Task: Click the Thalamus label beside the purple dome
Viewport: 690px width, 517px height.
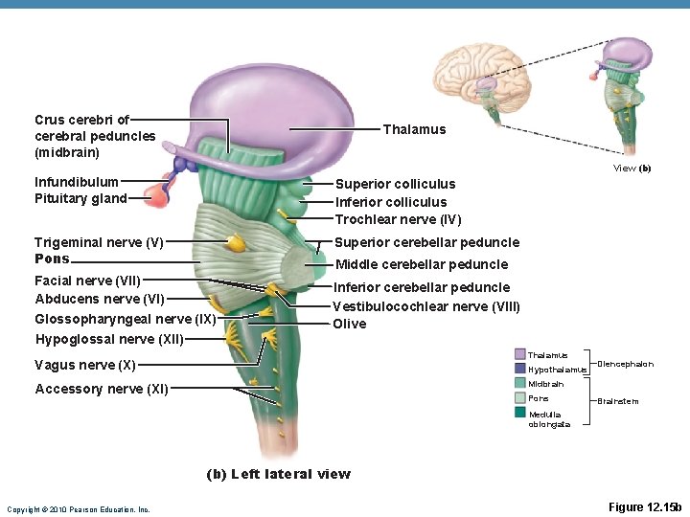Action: [x=414, y=129]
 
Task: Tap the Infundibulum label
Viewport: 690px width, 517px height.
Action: [x=77, y=181]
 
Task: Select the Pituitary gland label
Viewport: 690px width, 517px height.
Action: [x=80, y=198]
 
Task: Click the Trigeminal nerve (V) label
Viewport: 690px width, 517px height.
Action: [x=99, y=242]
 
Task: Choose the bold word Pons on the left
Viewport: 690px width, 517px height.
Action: [x=52, y=258]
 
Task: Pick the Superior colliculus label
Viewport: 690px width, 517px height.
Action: [x=395, y=184]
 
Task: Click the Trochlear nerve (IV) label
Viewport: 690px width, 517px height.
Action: [x=398, y=220]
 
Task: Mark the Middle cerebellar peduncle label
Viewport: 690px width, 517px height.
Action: [x=421, y=264]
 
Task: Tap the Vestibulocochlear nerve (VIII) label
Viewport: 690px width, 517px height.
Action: [x=426, y=306]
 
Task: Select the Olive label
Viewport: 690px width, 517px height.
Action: [x=349, y=324]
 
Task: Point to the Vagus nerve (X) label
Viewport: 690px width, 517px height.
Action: [x=85, y=365]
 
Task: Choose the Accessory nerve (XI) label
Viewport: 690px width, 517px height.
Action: [x=102, y=389]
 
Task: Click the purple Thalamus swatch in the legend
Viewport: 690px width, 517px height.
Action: [x=520, y=355]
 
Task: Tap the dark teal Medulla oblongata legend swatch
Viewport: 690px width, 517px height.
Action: [x=520, y=412]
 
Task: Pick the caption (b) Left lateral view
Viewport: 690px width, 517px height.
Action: [x=279, y=474]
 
